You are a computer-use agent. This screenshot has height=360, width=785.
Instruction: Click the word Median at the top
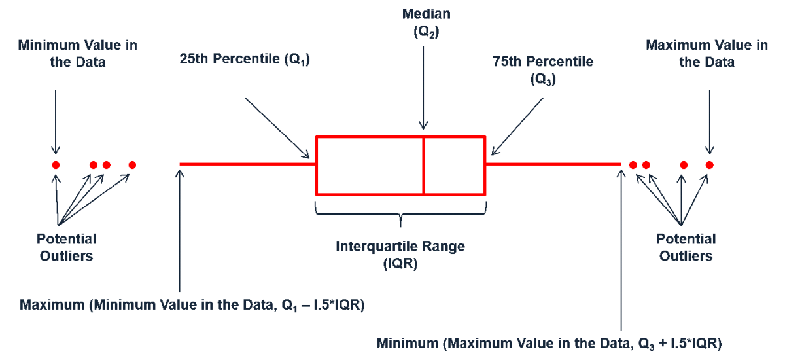426,14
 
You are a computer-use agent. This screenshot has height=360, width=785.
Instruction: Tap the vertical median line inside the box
423,166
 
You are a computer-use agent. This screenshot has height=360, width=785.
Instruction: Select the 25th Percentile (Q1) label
245,59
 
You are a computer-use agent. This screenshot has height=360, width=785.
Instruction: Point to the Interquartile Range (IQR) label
400,255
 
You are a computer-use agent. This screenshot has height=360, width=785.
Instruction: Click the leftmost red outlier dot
56,165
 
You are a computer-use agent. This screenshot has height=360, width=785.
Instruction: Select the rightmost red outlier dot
710,165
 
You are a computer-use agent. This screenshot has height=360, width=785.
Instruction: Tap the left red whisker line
248,164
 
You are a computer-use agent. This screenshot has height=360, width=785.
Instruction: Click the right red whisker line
553,164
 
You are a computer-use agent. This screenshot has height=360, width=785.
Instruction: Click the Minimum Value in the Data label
77,54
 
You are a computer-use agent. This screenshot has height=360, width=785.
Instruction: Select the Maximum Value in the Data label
707,54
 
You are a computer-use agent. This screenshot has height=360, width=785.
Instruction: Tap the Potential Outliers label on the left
66,247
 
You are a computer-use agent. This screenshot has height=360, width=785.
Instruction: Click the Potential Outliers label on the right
686,247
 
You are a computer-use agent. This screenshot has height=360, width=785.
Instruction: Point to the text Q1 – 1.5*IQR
321,305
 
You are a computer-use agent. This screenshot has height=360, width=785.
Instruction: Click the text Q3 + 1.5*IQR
678,344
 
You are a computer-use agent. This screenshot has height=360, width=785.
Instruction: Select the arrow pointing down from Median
423,88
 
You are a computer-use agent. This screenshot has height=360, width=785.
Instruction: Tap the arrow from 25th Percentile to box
277,128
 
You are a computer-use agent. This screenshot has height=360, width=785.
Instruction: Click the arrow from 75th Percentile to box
517,126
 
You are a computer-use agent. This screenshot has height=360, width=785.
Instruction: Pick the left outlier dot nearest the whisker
132,165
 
